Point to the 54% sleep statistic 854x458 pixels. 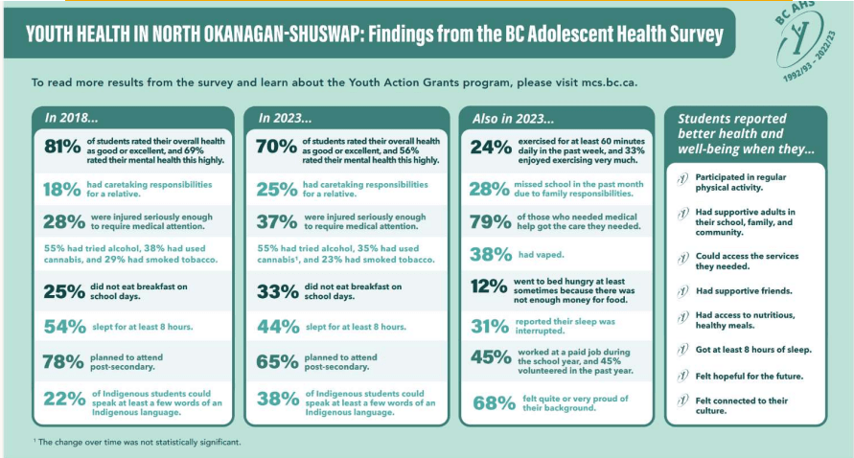(x=65, y=327)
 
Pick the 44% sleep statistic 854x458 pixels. (x=279, y=327)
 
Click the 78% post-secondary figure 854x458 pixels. (x=65, y=361)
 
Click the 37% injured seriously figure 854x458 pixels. (x=279, y=221)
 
